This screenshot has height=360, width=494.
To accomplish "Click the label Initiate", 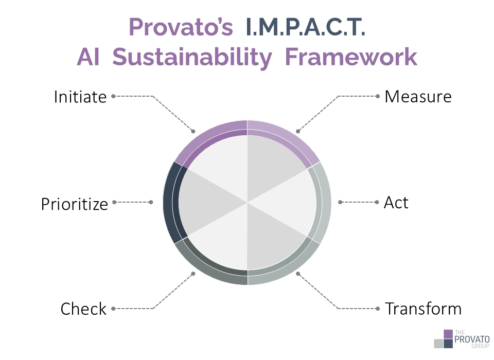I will click(80, 97).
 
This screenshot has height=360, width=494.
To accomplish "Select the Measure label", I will click(418, 97).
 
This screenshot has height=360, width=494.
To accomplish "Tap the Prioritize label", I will click(75, 204).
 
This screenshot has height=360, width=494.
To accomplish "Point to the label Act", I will click(396, 203).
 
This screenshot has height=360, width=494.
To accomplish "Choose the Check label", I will click(83, 309).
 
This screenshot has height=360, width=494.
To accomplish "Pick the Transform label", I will click(424, 309).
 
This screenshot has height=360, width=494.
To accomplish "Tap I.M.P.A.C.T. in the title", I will click(306, 27).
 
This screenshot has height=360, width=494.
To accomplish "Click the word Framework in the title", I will click(351, 57).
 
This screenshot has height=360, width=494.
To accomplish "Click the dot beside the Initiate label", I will click(113, 96).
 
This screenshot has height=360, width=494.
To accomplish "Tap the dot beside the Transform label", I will click(380, 309).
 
